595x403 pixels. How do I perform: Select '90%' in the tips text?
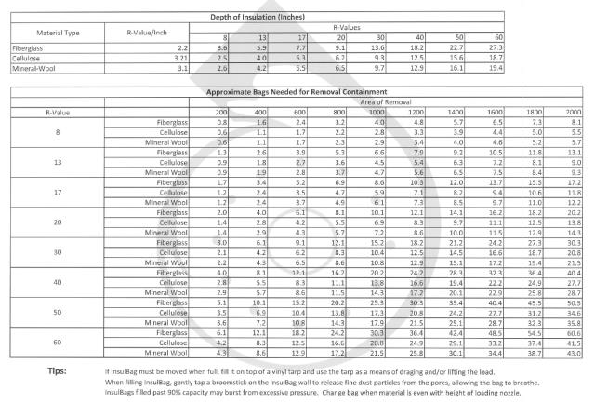pyautogui.click(x=197, y=393)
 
